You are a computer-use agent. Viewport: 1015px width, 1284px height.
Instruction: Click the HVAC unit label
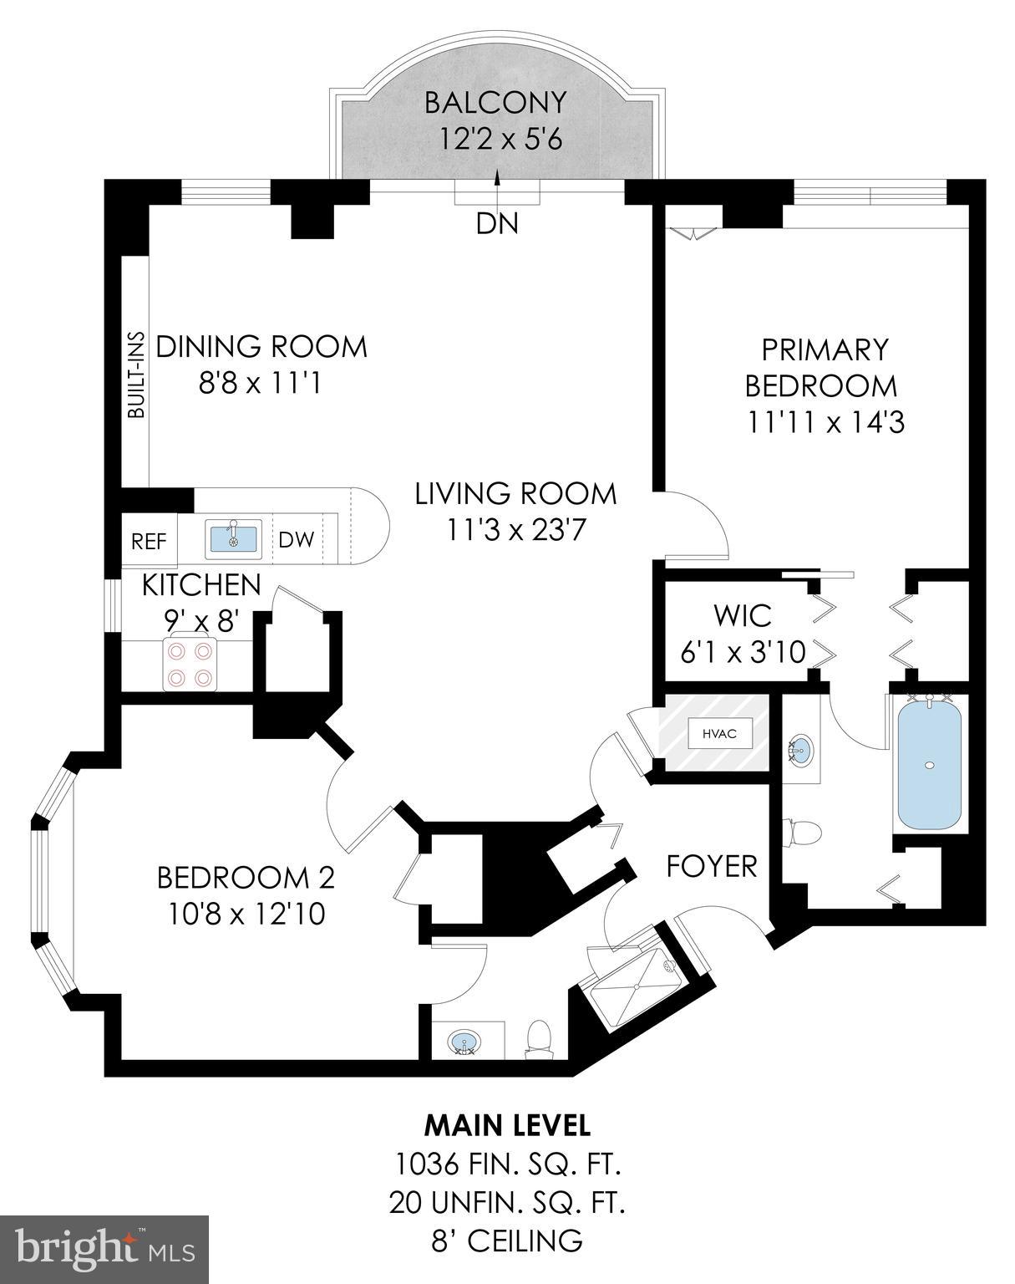click(x=713, y=734)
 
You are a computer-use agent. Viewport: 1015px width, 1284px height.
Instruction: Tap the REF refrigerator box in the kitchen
click(x=150, y=541)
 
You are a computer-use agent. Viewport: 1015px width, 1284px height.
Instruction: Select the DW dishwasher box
click(x=296, y=540)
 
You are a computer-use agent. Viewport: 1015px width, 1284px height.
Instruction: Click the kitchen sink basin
click(x=234, y=538)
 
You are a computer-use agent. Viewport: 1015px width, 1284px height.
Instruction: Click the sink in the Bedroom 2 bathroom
click(x=465, y=1042)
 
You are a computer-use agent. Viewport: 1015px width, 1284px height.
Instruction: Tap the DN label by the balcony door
click(x=497, y=223)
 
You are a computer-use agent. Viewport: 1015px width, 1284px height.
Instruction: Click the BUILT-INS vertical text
click(x=135, y=375)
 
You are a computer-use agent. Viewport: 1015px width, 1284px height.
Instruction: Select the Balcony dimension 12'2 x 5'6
click(x=500, y=138)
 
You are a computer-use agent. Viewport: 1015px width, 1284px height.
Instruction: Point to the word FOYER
click(x=712, y=866)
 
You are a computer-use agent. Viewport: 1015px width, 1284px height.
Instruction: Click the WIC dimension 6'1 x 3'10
click(x=743, y=652)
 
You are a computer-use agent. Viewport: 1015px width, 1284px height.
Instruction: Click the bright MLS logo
click(x=104, y=1251)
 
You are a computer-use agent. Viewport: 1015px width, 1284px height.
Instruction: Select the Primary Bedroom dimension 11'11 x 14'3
click(x=825, y=422)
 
